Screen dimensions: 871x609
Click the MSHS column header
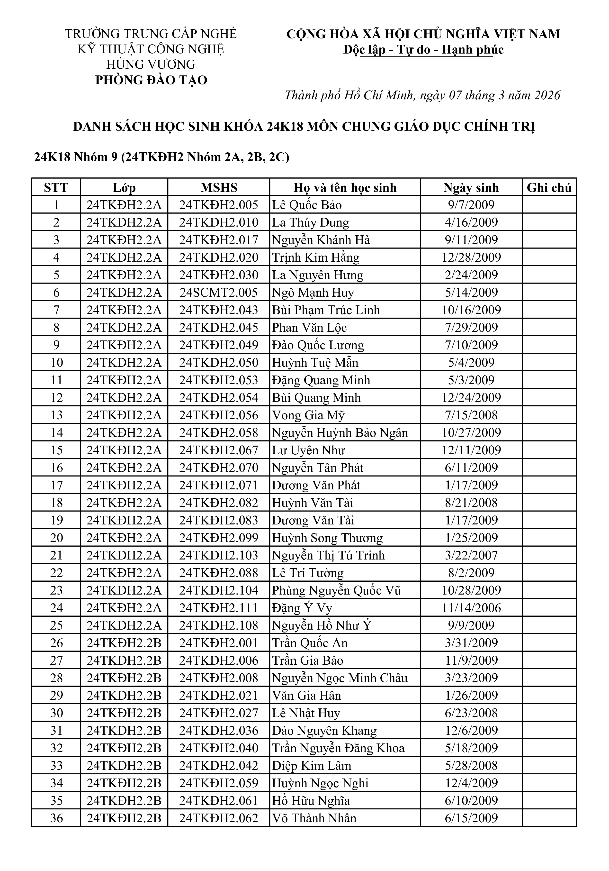click(219, 187)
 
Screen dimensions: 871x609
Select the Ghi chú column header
click(549, 187)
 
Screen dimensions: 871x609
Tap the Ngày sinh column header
click(471, 187)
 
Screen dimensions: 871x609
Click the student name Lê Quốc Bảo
click(307, 205)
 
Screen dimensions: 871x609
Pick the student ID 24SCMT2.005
click(219, 293)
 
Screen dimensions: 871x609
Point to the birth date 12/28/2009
click(471, 257)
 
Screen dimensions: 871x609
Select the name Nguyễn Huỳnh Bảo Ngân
click(340, 433)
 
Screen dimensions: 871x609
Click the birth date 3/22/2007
click(471, 555)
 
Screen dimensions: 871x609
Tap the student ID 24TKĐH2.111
click(219, 608)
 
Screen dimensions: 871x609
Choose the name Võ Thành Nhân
click(314, 818)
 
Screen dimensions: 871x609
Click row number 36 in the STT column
click(56, 818)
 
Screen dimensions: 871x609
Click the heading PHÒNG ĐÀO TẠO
click(151, 80)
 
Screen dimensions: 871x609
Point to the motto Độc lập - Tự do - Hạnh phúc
click(423, 50)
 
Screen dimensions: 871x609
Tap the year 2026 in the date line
click(547, 95)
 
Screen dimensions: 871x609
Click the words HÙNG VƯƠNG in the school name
click(151, 64)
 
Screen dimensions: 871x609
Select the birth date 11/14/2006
click(471, 608)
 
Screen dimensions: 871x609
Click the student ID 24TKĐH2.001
click(219, 643)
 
